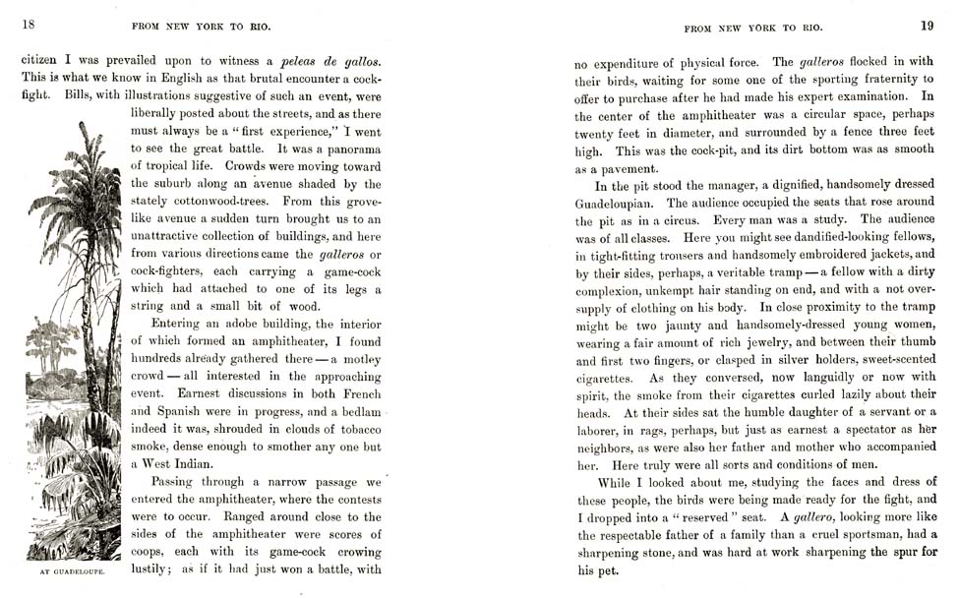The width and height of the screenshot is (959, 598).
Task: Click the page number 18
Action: coord(29,25)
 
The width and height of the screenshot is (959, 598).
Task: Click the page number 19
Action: coord(927,26)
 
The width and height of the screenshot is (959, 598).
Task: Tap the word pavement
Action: coord(622,168)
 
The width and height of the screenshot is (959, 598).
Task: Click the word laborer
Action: coord(599,429)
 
